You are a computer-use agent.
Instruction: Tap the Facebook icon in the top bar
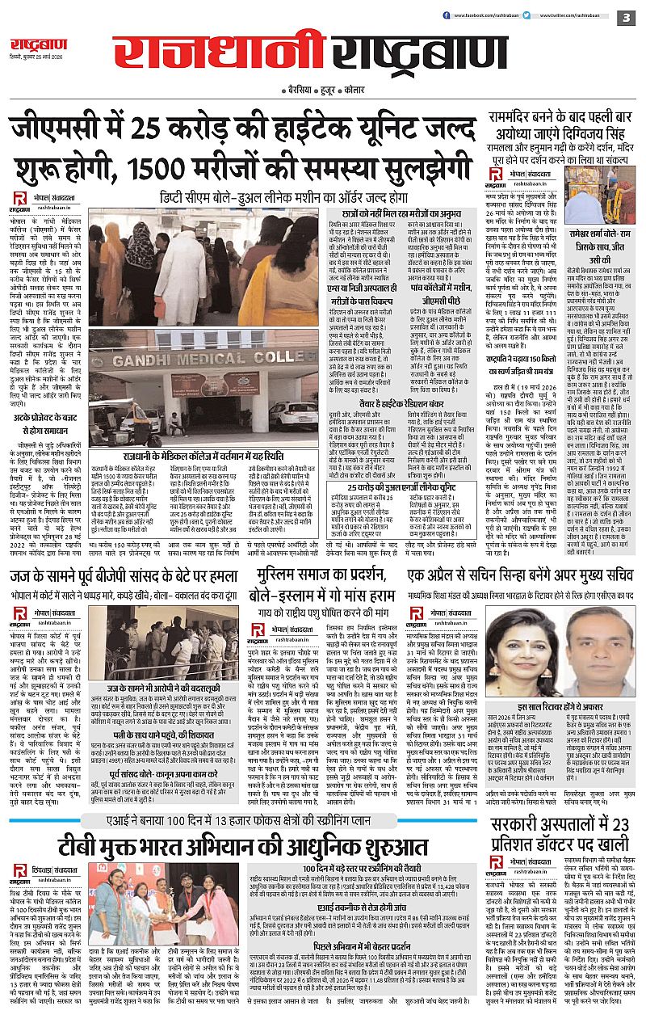(x=445, y=15)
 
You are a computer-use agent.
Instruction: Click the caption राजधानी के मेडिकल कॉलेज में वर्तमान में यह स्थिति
(x=196, y=457)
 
